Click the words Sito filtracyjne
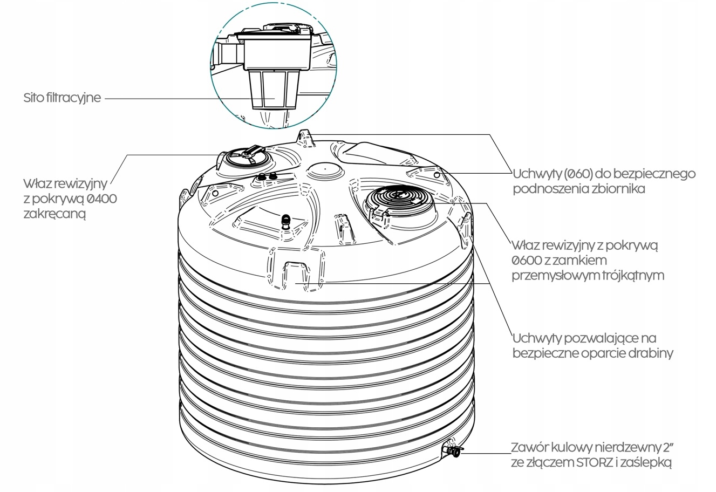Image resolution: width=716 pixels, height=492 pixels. point(62,98)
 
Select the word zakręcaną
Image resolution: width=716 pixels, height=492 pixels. point(54,214)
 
